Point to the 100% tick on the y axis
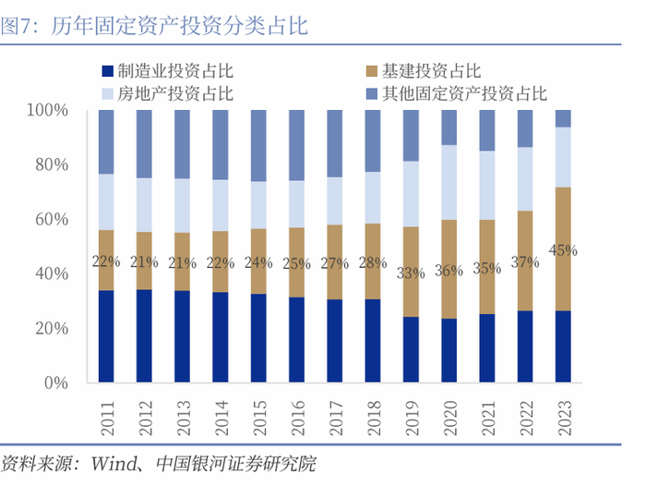(x=48, y=111)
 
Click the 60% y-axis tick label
(x=52, y=220)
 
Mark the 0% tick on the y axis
(x=56, y=383)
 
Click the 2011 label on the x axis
(x=106, y=412)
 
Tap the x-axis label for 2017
(x=335, y=412)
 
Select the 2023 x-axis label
(x=563, y=412)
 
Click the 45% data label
(x=563, y=249)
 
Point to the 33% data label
(x=411, y=273)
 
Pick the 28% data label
(x=373, y=262)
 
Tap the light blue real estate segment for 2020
(x=449, y=182)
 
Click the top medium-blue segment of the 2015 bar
(x=258, y=145)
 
